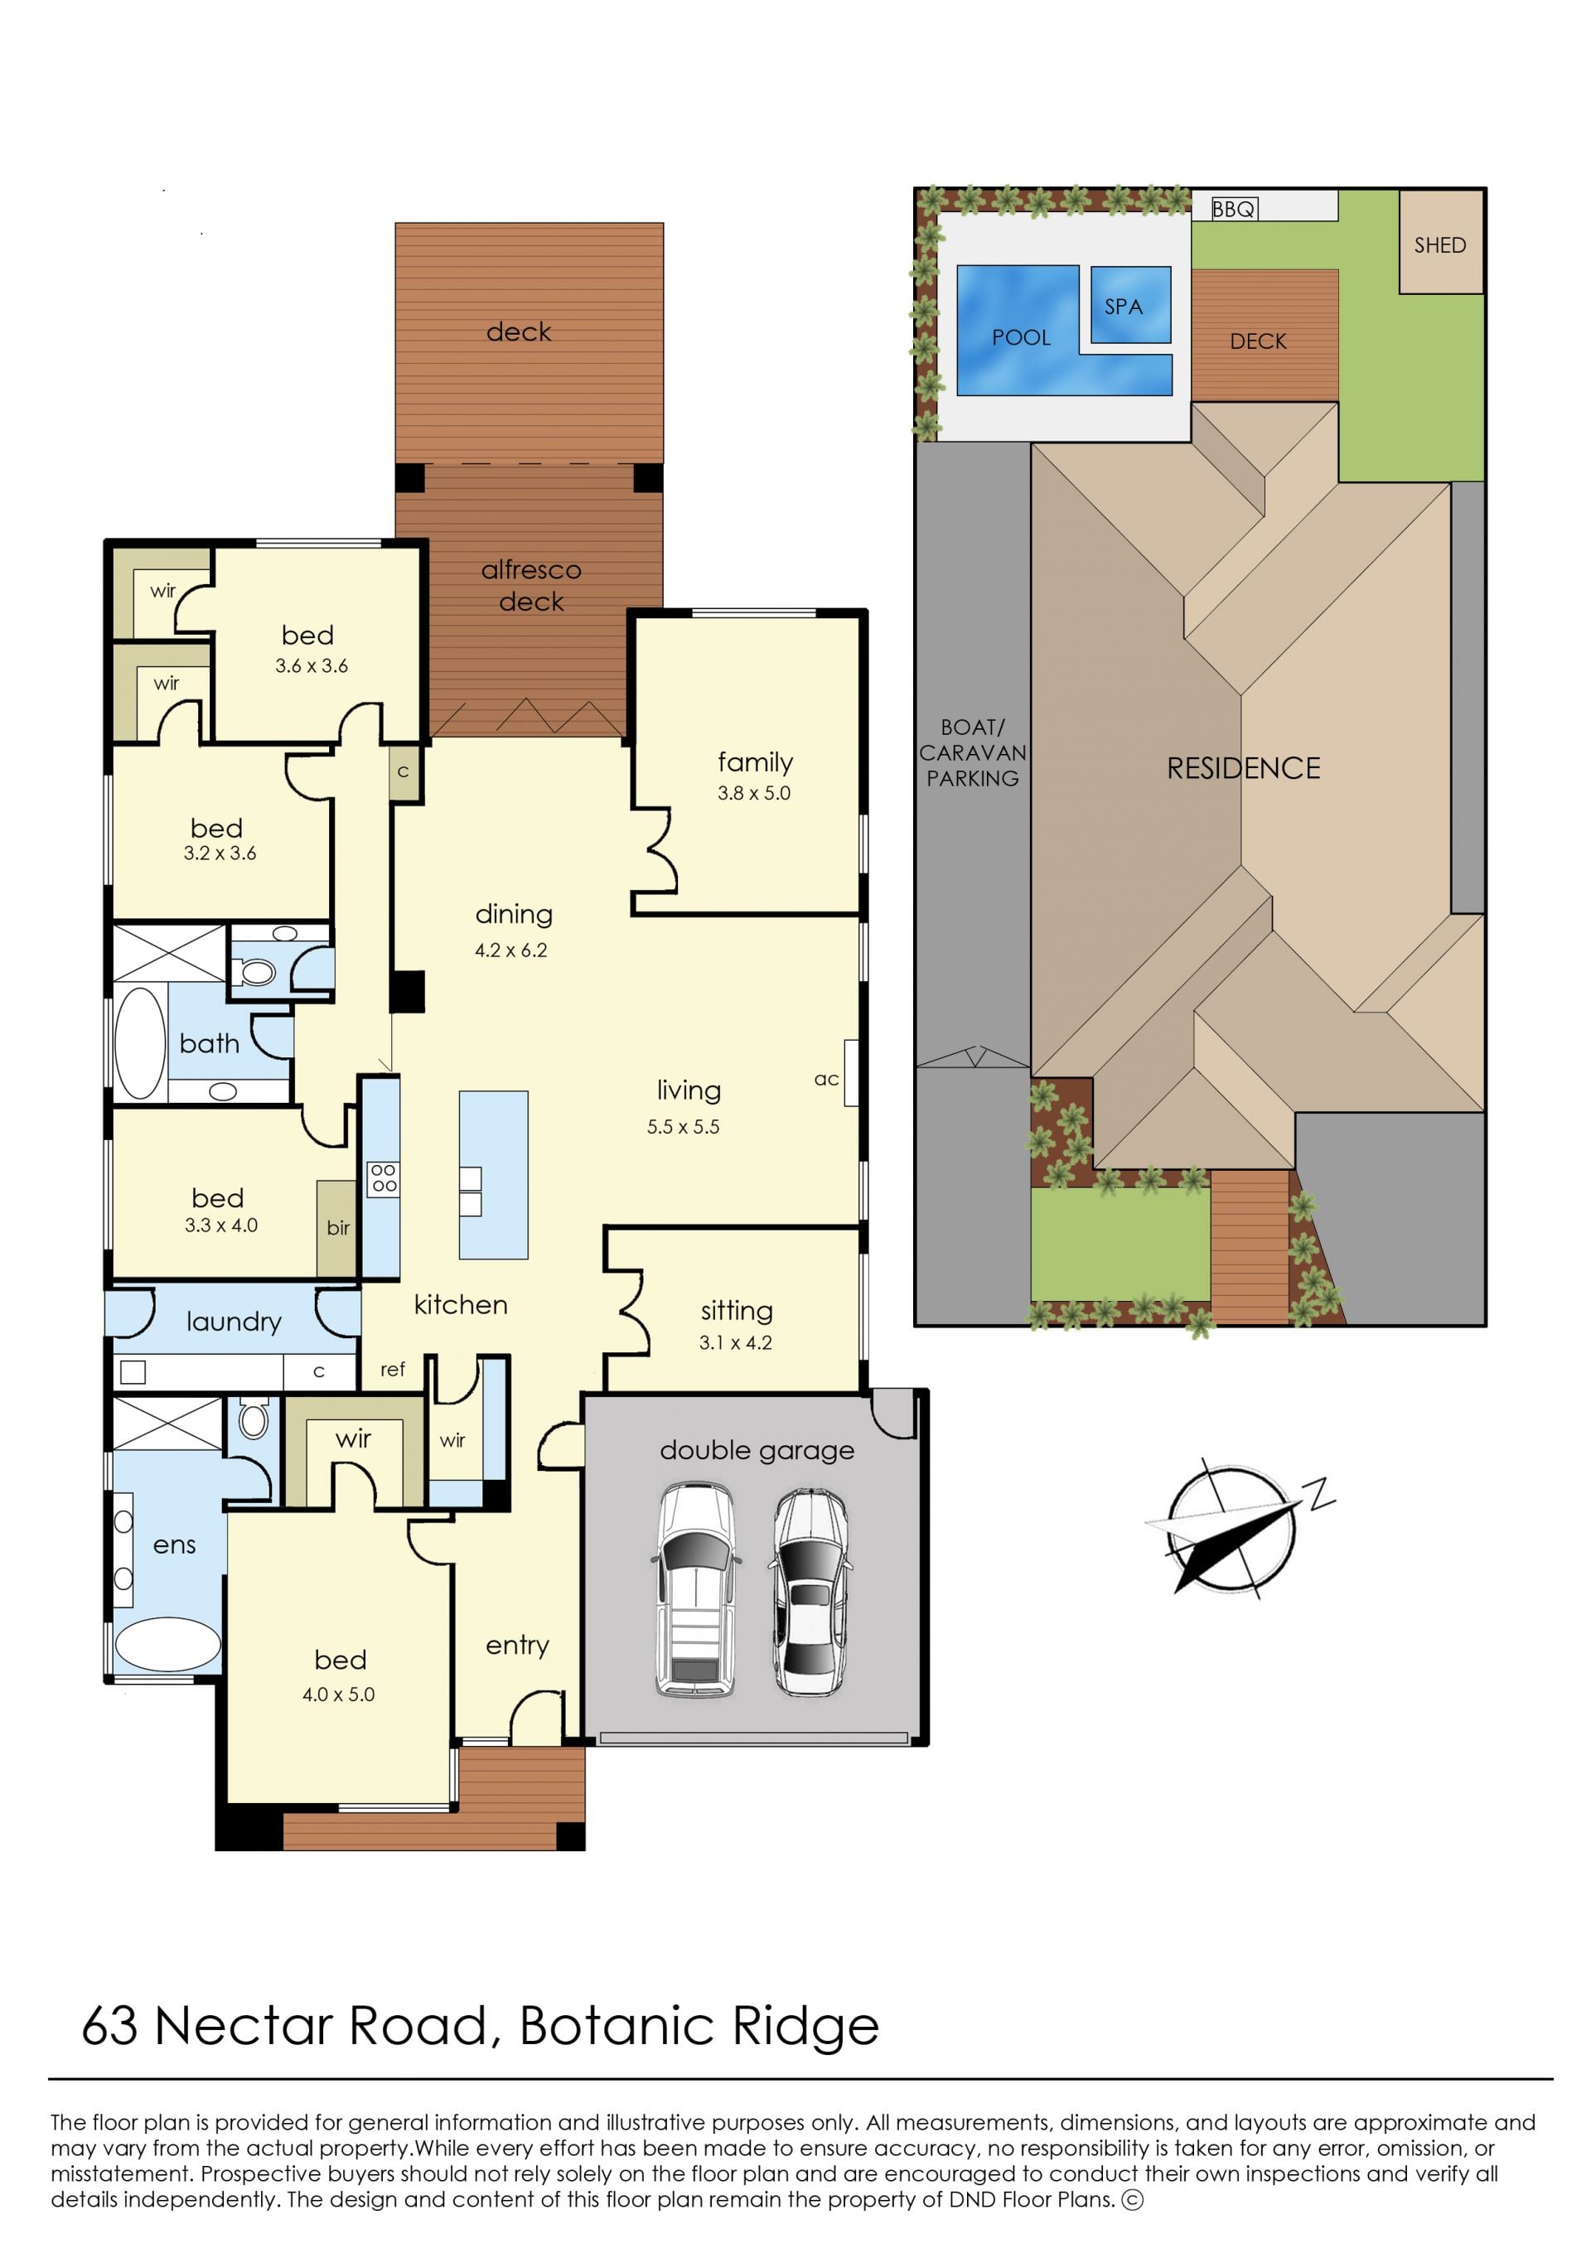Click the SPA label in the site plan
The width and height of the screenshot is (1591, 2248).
pyautogui.click(x=1123, y=307)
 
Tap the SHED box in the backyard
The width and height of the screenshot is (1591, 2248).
pyautogui.click(x=1440, y=242)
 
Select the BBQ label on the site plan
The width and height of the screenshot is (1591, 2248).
pyautogui.click(x=1233, y=209)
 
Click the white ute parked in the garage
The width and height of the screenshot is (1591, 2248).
pyautogui.click(x=694, y=1588)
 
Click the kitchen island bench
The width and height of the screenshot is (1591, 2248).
pyautogui.click(x=494, y=1174)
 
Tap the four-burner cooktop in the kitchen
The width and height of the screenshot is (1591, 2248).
pyautogui.click(x=383, y=1179)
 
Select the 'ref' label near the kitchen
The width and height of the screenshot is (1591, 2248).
pyautogui.click(x=393, y=1370)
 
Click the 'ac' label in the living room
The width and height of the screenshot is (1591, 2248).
pyautogui.click(x=826, y=1080)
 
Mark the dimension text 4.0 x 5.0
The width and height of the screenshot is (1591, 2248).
pyautogui.click(x=338, y=1694)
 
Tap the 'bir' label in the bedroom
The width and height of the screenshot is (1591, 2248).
pyautogui.click(x=338, y=1227)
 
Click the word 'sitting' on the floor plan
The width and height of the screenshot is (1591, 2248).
pyautogui.click(x=737, y=1311)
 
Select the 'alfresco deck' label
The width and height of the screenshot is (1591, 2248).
pyautogui.click(x=531, y=586)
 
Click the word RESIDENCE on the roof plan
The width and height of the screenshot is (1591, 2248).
pyautogui.click(x=1243, y=768)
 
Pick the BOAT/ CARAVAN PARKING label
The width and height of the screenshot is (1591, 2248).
pyautogui.click(x=973, y=752)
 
